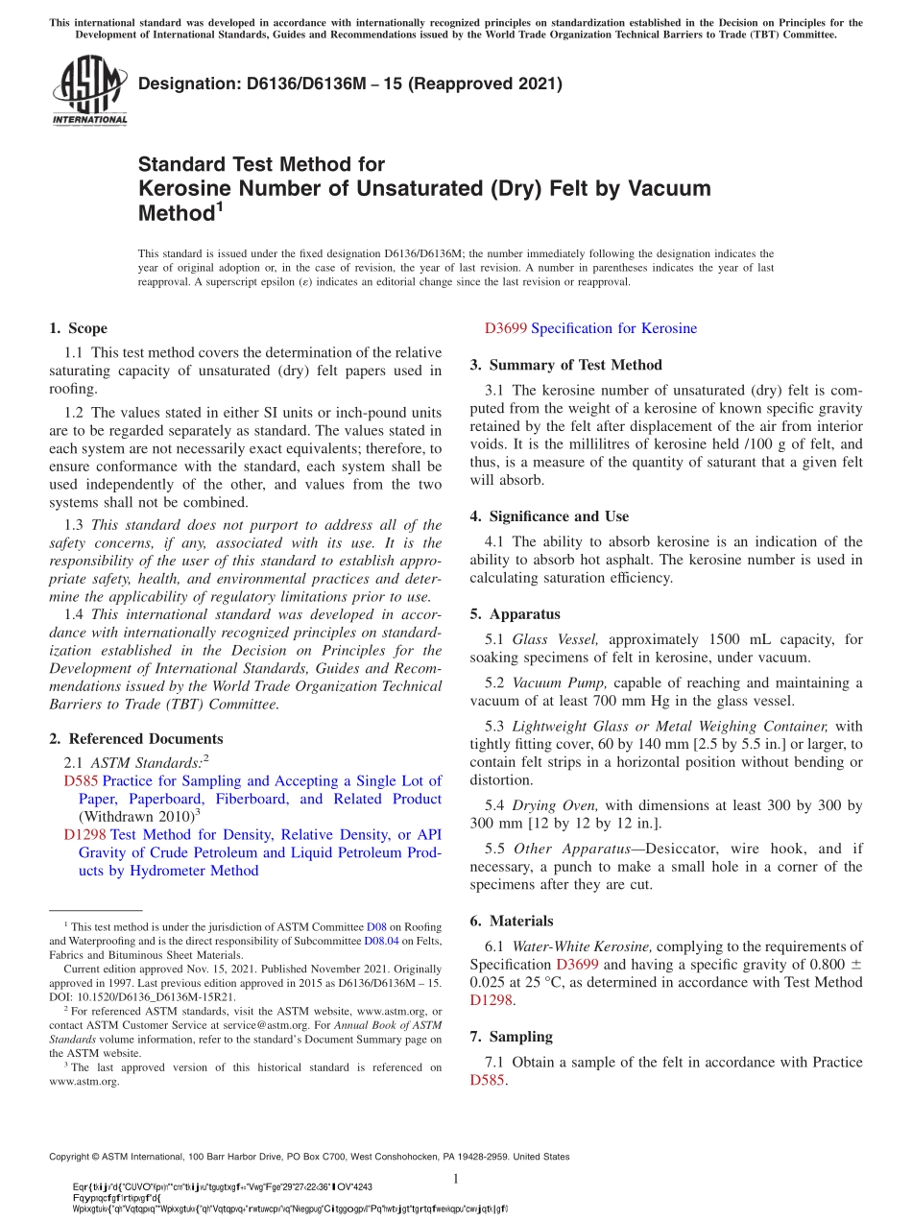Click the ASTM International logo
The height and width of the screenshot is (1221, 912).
click(89, 91)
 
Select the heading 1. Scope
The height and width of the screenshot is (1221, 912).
click(79, 328)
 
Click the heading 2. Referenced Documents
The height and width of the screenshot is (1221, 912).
click(136, 739)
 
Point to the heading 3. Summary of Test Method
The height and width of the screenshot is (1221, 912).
click(565, 365)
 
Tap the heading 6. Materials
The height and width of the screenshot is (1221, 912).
click(512, 921)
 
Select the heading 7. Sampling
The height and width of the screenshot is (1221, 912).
click(511, 1037)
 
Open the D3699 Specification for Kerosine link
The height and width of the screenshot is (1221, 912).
click(590, 328)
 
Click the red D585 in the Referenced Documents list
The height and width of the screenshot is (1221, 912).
click(82, 781)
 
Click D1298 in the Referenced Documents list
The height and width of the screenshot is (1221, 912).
click(85, 835)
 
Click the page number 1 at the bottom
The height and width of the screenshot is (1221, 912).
click(456, 1179)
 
